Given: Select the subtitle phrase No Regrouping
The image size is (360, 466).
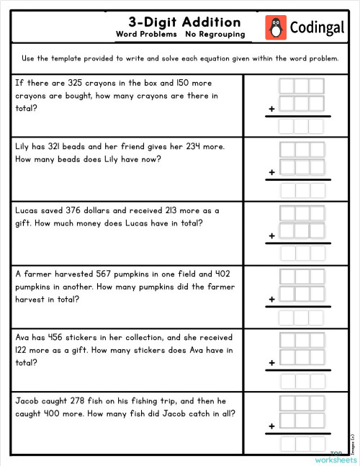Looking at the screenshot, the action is click(215, 35).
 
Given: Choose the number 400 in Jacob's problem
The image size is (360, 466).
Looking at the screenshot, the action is click(56, 413).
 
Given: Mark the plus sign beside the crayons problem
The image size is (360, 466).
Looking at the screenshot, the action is click(272, 109).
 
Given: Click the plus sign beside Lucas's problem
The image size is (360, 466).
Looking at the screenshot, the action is click(272, 236).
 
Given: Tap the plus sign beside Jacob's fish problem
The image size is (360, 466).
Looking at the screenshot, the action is click(272, 426).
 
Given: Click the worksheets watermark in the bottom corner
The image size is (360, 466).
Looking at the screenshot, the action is click(336, 459).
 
